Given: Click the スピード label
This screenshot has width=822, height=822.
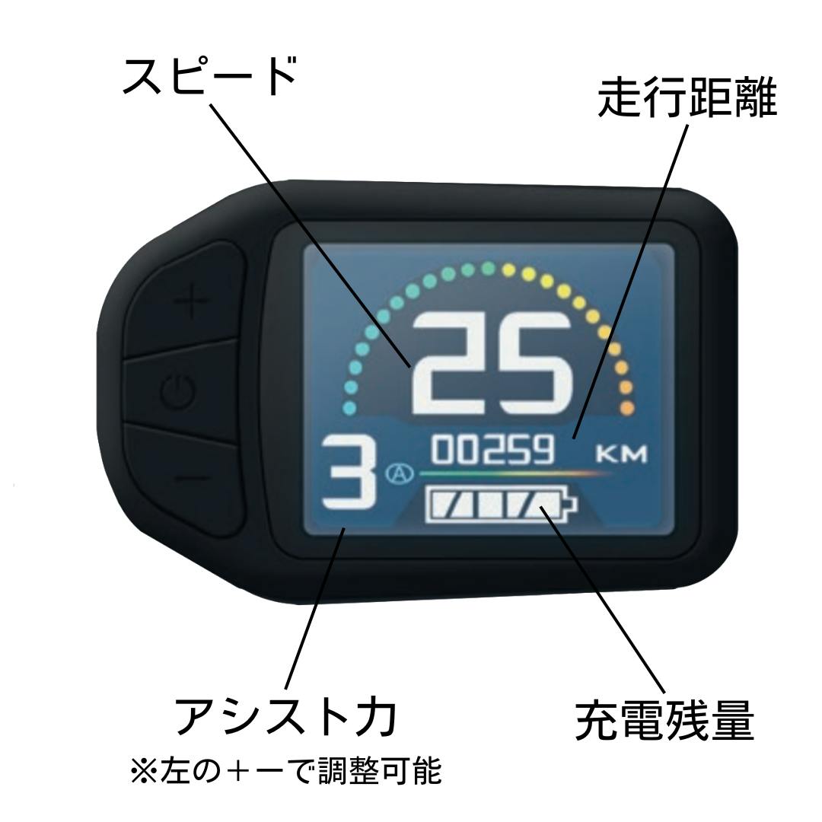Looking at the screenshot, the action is coord(210,76).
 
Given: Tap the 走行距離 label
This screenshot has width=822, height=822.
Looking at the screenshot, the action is coord(687,98).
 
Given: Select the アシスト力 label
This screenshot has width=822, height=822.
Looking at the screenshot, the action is coord(285,717).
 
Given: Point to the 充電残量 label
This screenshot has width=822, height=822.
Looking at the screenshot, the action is coord(664,720).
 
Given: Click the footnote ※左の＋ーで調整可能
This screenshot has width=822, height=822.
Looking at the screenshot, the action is coord(286,770).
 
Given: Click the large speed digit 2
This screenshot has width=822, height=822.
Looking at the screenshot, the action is coord(449,363).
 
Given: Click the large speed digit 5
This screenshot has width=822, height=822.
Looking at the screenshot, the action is coord(531,363).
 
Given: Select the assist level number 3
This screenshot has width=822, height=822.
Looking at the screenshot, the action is coord(349,473).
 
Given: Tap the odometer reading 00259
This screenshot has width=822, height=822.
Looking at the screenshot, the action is coord(492,450).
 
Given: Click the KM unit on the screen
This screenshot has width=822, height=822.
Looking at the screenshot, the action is coord(622,454).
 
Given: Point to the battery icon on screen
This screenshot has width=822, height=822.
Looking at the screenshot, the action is coord(501,505).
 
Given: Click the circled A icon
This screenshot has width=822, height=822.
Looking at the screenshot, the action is coord(400,474).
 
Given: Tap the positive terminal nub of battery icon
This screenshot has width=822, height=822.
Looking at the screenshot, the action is coord(572,505).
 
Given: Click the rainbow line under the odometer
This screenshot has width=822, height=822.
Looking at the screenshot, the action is coord(516,473).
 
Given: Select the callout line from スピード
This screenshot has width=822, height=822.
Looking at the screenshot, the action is coord(311,235).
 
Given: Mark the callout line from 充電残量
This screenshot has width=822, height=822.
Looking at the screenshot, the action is coord(602,597).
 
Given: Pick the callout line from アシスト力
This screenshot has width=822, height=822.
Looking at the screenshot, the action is coord(315,609).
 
